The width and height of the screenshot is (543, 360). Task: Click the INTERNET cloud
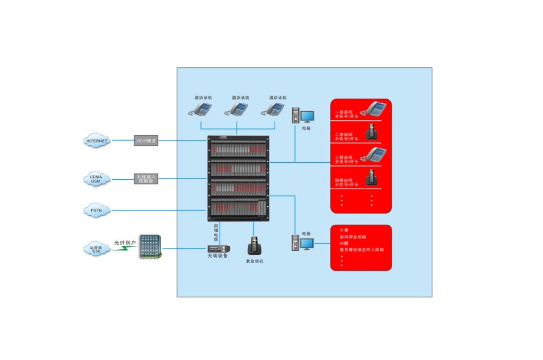pyautogui.click(x=97, y=141)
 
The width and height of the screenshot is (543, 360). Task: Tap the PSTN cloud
pyautogui.click(x=97, y=210)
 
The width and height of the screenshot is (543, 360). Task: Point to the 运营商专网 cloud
pyautogui.click(x=95, y=249)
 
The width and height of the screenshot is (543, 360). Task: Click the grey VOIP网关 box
pyautogui.click(x=145, y=141)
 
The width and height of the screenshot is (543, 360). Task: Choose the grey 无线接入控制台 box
pyautogui.click(x=145, y=179)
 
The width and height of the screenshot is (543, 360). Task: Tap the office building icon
pyautogui.click(x=150, y=247)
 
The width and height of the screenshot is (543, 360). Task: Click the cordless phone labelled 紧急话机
pyautogui.click(x=254, y=246)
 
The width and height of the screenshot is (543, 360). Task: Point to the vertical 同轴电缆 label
pyautogui.click(x=216, y=232)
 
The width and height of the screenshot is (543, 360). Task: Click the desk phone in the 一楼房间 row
pyautogui.click(x=374, y=109)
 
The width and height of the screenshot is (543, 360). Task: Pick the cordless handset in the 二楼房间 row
pyautogui.click(x=372, y=131)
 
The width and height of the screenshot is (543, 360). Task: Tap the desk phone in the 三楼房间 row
pyautogui.click(x=374, y=154)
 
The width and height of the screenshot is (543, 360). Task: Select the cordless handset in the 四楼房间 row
pyautogui.click(x=372, y=177)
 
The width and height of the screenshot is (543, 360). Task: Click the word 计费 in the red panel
pyautogui.click(x=344, y=231)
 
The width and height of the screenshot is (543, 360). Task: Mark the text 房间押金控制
pyautogui.click(x=353, y=237)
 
